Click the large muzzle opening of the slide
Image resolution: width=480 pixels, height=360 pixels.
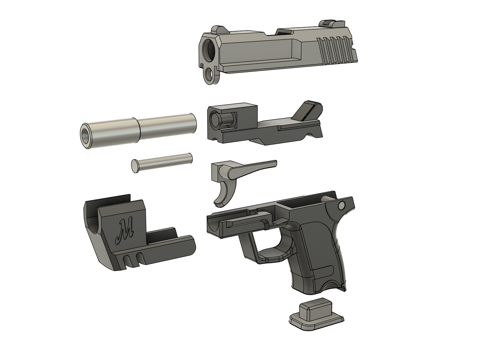(x=209, y=49)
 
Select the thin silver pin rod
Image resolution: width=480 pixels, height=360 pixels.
(x=162, y=163)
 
